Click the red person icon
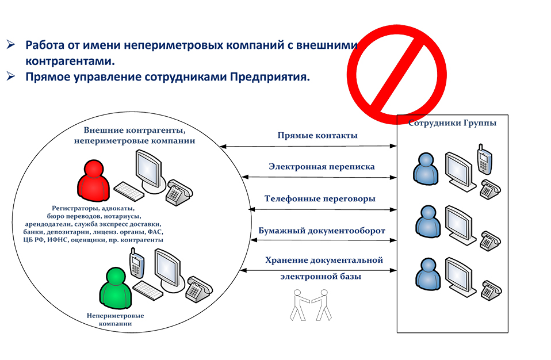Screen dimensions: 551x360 coord(94,181)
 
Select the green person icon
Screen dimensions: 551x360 coord(116,288)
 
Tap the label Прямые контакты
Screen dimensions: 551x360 coord(317,136)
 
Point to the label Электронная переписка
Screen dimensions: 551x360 coord(322,166)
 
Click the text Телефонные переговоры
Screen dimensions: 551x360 coord(320,199)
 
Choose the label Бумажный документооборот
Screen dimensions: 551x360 coord(322,231)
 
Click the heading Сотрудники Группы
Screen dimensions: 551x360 coord(452,123)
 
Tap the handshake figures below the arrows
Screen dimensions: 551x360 coord(310,305)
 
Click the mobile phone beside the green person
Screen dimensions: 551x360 coord(136,263)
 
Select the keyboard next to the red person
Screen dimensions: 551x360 coord(129,192)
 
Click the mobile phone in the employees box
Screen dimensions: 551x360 coord(484,159)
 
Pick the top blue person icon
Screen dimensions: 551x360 coord(426,168)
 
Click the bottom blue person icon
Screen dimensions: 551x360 coord(428,274)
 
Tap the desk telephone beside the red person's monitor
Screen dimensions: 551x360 coord(179,192)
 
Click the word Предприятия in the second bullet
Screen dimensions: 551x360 coord(270,77)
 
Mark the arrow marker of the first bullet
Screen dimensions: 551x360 coord(10,45)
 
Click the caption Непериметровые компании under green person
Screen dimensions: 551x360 coord(115,320)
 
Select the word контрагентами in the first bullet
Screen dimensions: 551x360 coord(70,61)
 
